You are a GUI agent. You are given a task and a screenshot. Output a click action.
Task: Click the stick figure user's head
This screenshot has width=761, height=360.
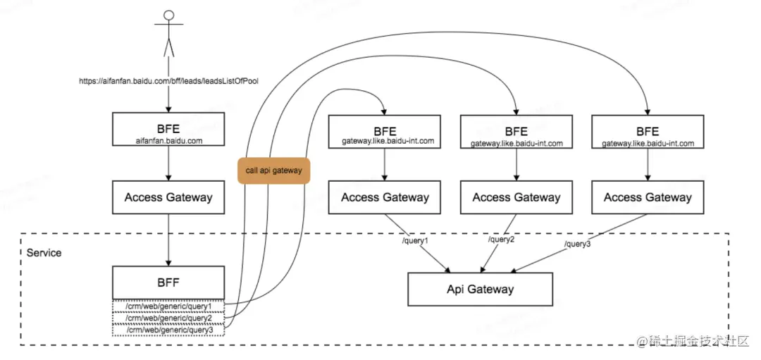(168, 15)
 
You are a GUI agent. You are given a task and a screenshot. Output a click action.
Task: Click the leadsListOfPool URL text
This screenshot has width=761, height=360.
(168, 82)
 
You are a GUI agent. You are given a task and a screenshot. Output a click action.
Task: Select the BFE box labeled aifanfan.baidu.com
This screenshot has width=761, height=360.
(168, 129)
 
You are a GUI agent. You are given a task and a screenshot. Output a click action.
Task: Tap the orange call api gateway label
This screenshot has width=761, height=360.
(273, 170)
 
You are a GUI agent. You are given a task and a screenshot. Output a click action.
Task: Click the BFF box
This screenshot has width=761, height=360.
(168, 283)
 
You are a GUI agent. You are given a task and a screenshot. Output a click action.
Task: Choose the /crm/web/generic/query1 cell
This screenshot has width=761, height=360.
(168, 306)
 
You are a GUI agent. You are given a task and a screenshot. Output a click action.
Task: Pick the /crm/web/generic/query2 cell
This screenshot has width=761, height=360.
(168, 318)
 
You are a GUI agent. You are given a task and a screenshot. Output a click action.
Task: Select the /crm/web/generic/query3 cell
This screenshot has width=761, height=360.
(168, 330)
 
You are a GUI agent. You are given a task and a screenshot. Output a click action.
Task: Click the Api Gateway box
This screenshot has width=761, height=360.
(480, 289)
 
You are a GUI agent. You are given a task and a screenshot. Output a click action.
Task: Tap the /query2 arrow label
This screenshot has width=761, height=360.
(500, 240)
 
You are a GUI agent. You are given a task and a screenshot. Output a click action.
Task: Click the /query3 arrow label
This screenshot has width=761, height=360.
(578, 244)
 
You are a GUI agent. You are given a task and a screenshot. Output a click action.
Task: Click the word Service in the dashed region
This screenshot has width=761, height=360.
(44, 253)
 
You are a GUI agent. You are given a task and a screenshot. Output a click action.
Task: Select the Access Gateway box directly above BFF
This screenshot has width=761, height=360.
(168, 197)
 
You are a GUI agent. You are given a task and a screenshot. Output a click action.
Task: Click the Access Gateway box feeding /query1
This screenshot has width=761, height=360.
(385, 197)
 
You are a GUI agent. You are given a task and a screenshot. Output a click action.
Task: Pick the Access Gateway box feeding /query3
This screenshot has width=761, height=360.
(648, 197)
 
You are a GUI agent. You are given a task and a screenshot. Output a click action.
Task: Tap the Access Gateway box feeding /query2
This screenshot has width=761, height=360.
(516, 197)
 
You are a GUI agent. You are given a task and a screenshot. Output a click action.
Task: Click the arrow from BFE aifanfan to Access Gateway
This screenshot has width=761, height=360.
(168, 163)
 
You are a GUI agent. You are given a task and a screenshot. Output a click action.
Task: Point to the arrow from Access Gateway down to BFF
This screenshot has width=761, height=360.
(168, 240)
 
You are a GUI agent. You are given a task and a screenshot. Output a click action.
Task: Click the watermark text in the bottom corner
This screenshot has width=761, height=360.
(694, 340)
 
